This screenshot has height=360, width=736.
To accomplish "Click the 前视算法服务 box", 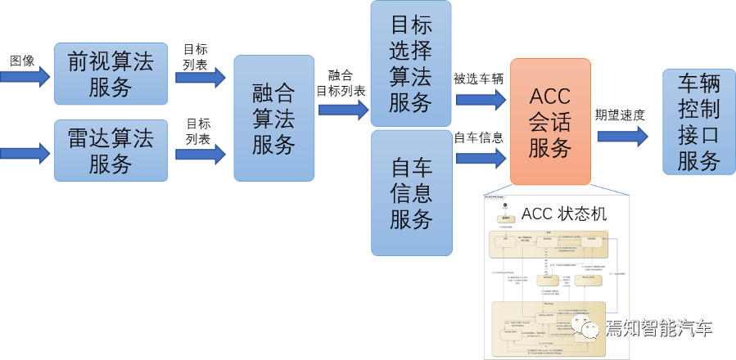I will tap(111, 74).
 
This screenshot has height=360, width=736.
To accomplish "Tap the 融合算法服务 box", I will tap(273, 119).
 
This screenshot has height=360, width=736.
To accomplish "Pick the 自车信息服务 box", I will tap(410, 193).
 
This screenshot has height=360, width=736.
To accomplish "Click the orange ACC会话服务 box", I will tap(550, 122).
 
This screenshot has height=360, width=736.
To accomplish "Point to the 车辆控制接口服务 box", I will tap(698, 122).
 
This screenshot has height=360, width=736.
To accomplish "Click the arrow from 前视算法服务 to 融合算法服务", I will tap(200, 78).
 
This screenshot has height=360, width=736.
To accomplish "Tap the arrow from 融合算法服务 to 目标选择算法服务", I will tap(343, 109).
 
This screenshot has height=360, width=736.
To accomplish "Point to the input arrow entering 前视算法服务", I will tap(25, 76).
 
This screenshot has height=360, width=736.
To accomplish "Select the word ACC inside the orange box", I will tap(550, 96).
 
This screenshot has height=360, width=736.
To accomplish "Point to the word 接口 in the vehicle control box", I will tap(698, 134).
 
